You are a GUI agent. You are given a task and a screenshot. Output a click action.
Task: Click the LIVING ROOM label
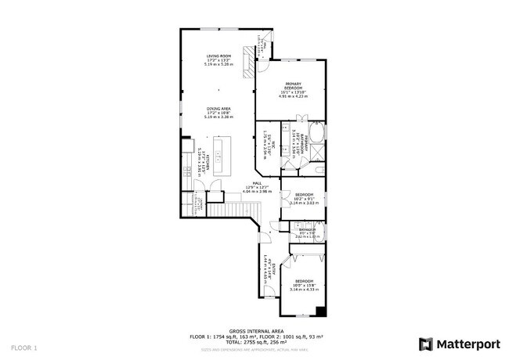coord(218,59)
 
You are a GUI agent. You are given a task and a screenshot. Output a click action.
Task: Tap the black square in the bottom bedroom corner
coord(320,312)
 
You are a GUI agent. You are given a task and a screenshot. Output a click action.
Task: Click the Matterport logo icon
coord(425,344)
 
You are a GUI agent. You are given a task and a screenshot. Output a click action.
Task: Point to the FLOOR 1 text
coord(23,346)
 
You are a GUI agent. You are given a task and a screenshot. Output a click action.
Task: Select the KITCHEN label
coord(200,160)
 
